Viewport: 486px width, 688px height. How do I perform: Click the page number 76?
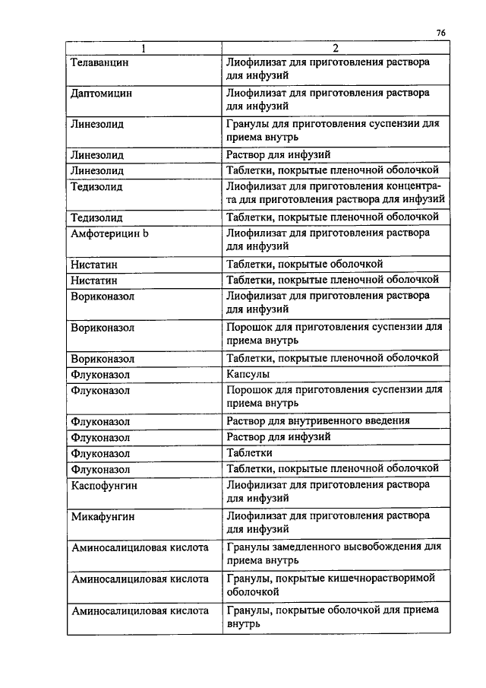pos(441,33)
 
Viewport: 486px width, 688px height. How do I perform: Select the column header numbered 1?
pos(142,48)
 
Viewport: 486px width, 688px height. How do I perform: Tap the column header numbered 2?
pos(334,48)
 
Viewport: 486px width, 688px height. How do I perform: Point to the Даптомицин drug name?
pos(101,93)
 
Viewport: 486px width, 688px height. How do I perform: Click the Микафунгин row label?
pos(102,515)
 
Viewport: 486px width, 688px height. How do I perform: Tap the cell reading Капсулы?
pos(248,374)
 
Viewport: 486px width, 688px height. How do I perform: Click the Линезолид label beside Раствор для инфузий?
pos(97,155)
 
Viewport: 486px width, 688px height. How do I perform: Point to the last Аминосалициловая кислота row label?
pos(139,610)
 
